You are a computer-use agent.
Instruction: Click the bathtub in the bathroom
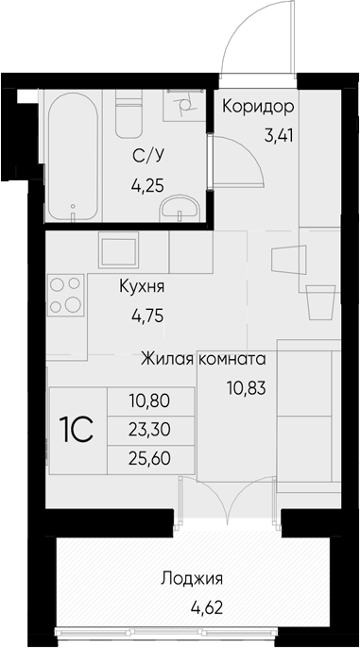(x=73, y=157)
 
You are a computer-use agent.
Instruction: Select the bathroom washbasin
(x=180, y=207)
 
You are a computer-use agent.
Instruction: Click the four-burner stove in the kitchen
(x=66, y=295)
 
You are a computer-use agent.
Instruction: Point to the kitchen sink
(x=118, y=250)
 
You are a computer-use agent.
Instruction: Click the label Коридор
(x=258, y=107)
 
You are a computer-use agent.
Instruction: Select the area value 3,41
(x=279, y=135)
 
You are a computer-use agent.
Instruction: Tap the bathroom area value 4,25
(x=147, y=185)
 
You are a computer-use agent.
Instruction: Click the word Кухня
(x=142, y=286)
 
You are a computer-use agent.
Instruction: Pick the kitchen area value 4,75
(x=147, y=316)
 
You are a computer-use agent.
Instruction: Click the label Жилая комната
(x=203, y=359)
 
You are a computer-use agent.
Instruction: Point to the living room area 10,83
(x=246, y=388)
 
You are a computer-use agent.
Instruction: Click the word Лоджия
(x=192, y=578)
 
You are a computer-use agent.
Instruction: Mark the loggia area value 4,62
(x=207, y=608)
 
